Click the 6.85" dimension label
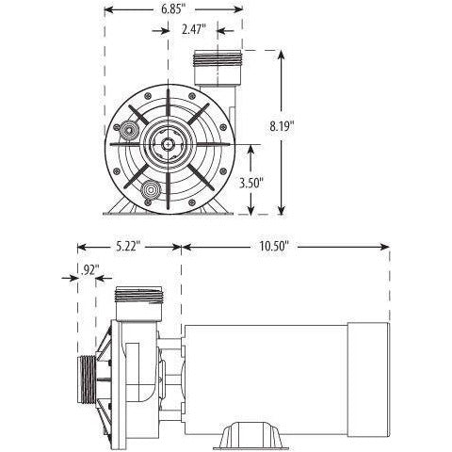(169, 10)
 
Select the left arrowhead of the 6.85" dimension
(106, 10)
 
